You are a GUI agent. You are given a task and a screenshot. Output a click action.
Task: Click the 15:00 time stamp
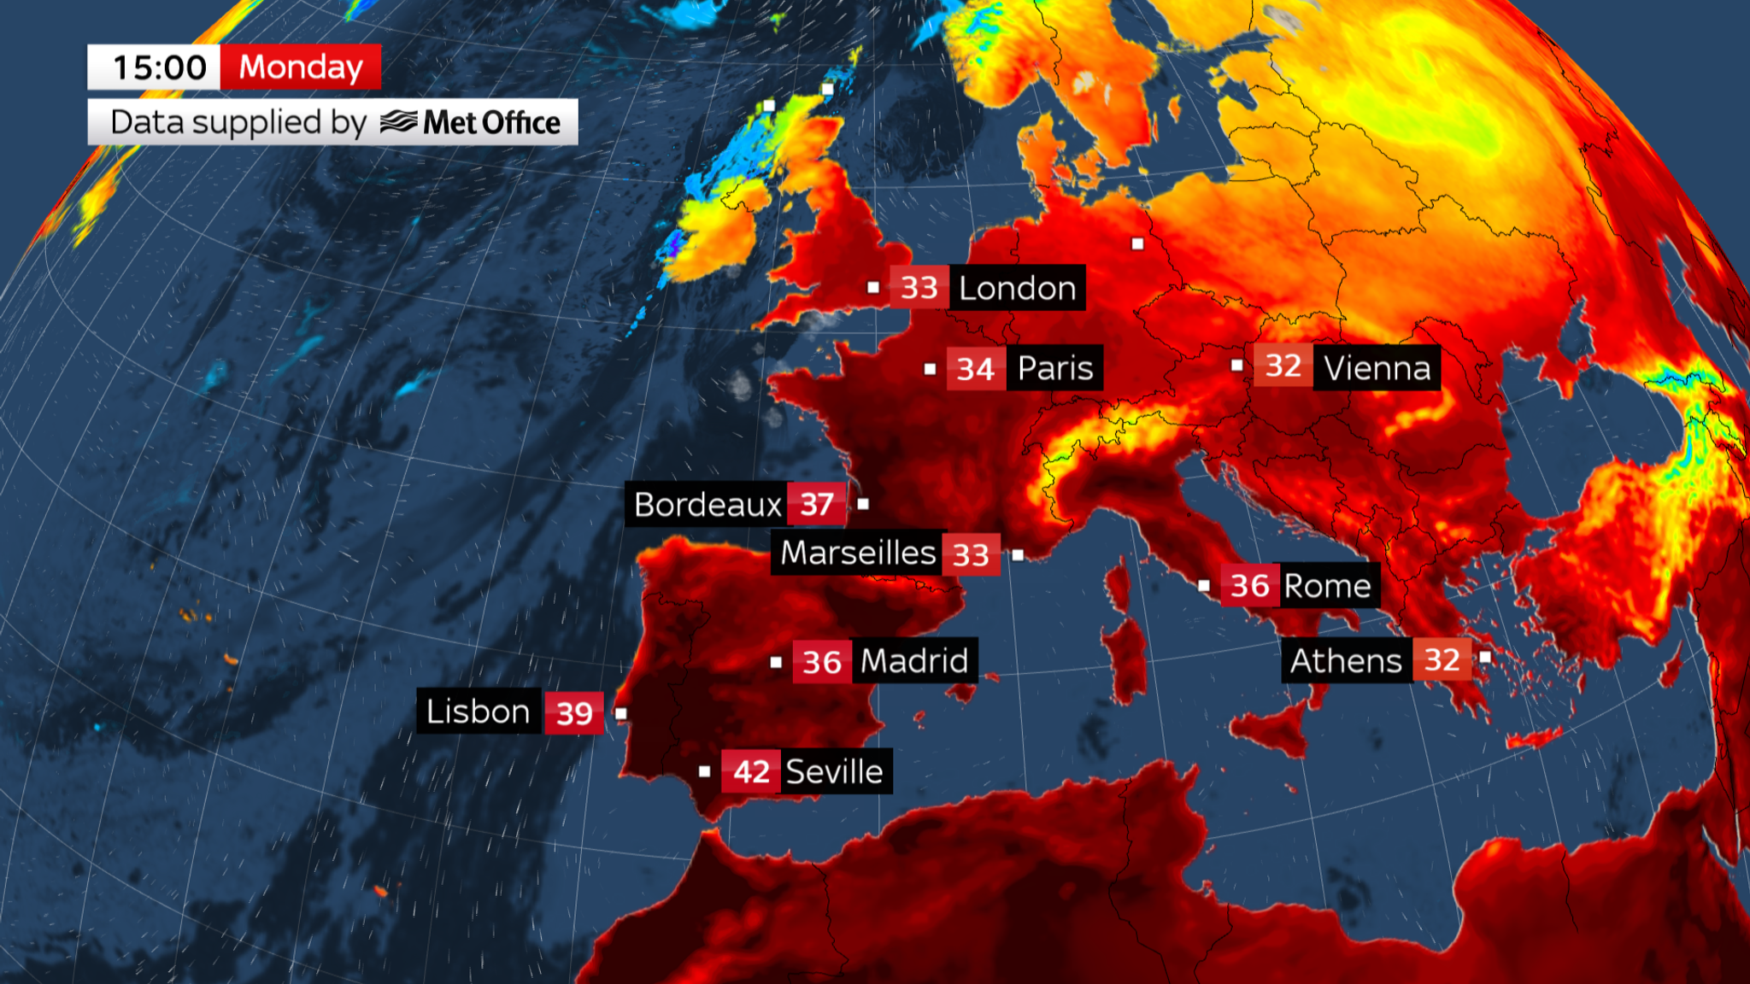[x=159, y=67]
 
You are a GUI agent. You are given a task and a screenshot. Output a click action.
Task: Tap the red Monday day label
[x=301, y=67]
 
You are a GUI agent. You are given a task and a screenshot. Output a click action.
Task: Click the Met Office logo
[x=471, y=122]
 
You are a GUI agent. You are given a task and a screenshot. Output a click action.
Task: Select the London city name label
[x=1017, y=289]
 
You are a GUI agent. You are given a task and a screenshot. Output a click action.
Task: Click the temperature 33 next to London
[x=919, y=289]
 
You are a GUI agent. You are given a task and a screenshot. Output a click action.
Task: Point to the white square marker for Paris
[x=930, y=369]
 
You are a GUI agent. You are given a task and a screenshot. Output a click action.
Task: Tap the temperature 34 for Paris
[x=975, y=369]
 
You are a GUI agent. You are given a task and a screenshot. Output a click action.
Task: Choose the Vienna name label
[x=1377, y=368]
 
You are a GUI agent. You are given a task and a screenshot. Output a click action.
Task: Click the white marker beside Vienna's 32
[x=1236, y=366]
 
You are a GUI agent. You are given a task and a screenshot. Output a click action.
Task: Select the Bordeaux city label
[x=708, y=505]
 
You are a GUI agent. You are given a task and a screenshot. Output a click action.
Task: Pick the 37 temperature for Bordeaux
[x=817, y=505]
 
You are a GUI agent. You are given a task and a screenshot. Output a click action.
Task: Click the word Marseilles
[x=858, y=553]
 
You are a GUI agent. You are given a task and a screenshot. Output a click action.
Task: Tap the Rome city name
[x=1327, y=586]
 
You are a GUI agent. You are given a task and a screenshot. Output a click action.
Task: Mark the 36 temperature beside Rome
[x=1249, y=586]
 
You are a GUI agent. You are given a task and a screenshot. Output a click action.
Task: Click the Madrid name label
[x=914, y=661]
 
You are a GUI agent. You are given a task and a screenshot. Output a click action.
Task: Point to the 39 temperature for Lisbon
[x=574, y=713]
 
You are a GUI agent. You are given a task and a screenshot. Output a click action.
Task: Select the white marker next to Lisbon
[x=621, y=713]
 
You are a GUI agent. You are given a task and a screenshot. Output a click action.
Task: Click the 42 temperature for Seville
[x=751, y=772]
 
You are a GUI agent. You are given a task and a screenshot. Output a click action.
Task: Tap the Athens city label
[x=1346, y=661]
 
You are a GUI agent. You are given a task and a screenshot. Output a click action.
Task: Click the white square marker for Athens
[x=1485, y=657]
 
